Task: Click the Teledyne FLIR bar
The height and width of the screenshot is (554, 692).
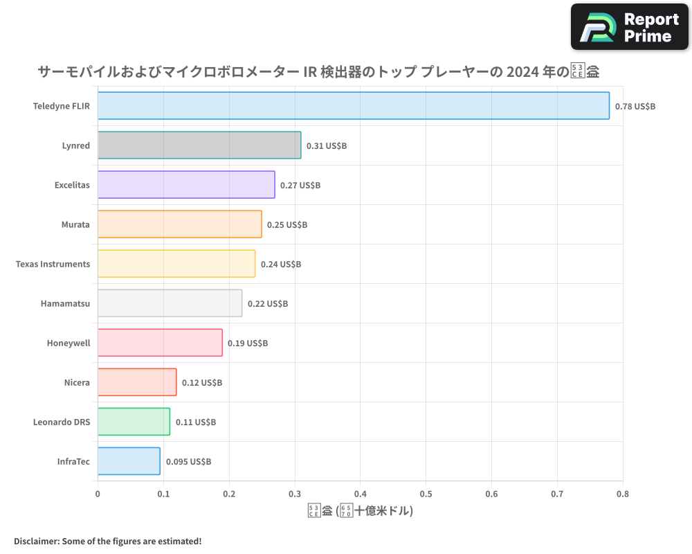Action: (353, 106)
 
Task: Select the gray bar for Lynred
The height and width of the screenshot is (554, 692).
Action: (199, 145)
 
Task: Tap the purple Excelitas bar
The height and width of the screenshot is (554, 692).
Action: (186, 185)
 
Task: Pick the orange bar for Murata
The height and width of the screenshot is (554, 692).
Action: (179, 224)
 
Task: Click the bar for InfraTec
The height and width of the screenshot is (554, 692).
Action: (129, 461)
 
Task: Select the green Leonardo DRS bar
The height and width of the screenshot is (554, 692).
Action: (134, 422)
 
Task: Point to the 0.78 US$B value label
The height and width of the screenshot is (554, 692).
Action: (635, 107)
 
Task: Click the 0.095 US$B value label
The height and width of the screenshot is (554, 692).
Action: (188, 462)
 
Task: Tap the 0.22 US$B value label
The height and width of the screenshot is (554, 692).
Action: (268, 304)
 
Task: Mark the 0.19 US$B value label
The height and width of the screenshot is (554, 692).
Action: (248, 343)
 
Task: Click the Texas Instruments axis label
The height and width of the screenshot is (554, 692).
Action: (53, 265)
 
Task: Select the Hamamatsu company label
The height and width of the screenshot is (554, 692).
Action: (65, 304)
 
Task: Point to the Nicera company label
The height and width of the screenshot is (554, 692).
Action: (77, 383)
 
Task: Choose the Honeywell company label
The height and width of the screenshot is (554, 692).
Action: (69, 343)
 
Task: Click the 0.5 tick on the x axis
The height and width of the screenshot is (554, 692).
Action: (426, 494)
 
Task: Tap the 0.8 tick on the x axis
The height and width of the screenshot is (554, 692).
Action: (623, 494)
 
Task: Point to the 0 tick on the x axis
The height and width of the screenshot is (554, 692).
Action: (98, 494)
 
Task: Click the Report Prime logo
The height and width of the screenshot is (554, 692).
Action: (630, 27)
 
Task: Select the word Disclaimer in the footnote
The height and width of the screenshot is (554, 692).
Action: (36, 541)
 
